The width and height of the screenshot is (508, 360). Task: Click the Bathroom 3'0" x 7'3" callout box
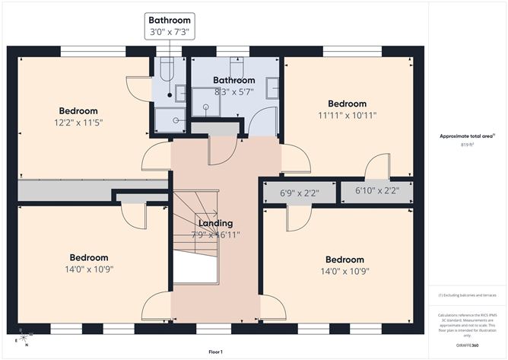(170, 26)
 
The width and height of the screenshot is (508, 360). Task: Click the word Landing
(215, 223)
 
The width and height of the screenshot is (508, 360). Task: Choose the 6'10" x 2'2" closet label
(376, 192)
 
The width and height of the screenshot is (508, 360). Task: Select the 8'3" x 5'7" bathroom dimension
(233, 91)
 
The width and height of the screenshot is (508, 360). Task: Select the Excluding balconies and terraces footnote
(467, 295)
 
